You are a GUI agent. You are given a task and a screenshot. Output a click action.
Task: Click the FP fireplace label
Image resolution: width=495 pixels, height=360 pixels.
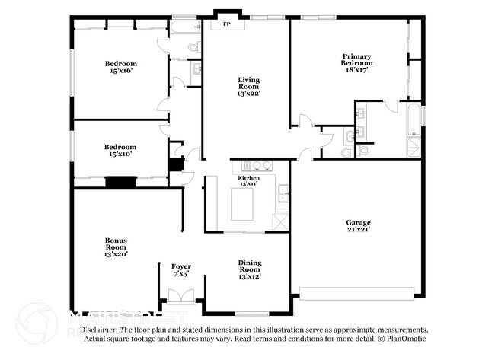pos(226,24)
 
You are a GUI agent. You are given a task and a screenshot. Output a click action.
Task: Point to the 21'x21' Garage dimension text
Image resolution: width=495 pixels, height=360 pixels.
pos(358,231)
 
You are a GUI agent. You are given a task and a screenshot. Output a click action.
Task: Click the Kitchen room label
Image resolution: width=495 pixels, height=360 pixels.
pos(249,177)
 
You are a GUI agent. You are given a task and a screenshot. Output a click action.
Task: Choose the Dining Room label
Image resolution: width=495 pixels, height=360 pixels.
pos(250,266)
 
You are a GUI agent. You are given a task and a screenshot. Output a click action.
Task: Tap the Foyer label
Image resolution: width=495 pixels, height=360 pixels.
pos(180,266)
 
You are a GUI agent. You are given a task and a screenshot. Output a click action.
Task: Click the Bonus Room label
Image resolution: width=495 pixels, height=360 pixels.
pos(116,244)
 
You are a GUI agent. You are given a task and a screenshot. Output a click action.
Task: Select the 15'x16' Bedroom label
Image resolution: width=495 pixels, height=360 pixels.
pos(120,63)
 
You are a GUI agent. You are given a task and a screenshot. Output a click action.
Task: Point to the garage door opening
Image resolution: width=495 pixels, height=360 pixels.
pos(356,292)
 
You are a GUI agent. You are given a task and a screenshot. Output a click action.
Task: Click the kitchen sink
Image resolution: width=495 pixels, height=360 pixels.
pos(283,194)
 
